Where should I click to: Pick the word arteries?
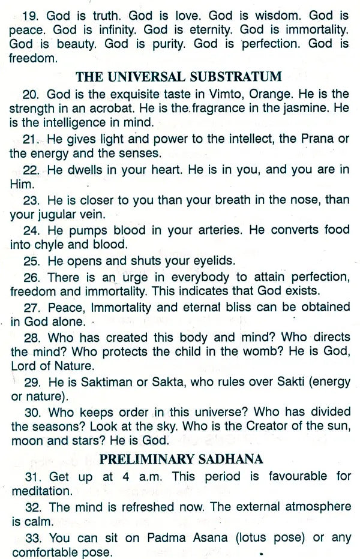point(197,230)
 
